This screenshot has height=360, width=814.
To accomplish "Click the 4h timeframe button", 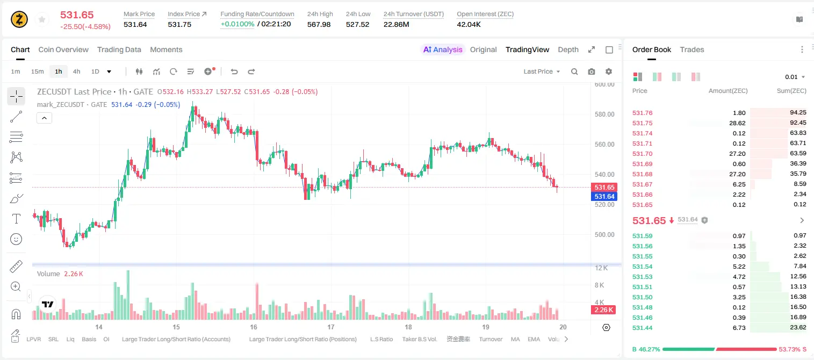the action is coord(76,71).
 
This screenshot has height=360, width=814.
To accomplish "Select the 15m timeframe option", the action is coord(38,71).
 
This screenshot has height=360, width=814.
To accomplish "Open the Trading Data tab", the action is coord(119,49).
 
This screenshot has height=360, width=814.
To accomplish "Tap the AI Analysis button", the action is coord(443,49).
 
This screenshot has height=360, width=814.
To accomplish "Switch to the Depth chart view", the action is coord(568,49).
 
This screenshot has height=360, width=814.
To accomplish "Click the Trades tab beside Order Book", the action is coord(692,49).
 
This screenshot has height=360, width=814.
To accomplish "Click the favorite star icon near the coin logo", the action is coord(42,19).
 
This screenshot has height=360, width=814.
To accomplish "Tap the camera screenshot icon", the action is coord(592,71).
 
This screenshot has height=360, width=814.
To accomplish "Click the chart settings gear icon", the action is coord(609,71).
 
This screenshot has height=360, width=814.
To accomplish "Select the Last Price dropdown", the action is coord(542,71).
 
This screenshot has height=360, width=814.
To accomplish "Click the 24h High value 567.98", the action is coord(319,24).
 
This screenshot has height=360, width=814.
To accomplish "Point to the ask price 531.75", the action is coord(642,123).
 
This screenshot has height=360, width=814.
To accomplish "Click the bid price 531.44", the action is coord(642,328).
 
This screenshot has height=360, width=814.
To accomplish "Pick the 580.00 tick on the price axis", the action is coord(604,114).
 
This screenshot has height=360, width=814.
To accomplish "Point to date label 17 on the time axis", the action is coord(330,327).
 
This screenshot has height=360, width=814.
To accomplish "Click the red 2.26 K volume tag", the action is coord(603,310).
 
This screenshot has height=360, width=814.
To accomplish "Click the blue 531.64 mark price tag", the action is coord(604,197).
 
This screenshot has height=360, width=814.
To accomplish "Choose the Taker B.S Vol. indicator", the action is coord(419,339).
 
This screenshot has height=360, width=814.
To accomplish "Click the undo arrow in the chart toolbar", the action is coord(234,71).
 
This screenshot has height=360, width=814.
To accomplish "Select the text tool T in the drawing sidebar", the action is coord(16,219).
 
